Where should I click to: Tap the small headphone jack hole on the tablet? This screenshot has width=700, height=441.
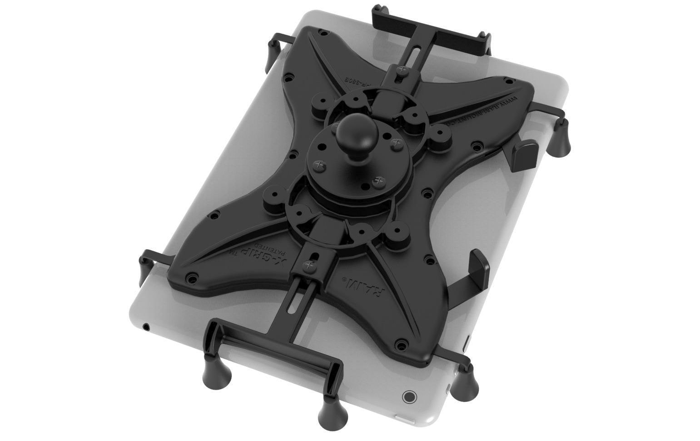coord(146,326)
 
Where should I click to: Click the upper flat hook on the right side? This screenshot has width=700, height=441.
coord(525,154)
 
